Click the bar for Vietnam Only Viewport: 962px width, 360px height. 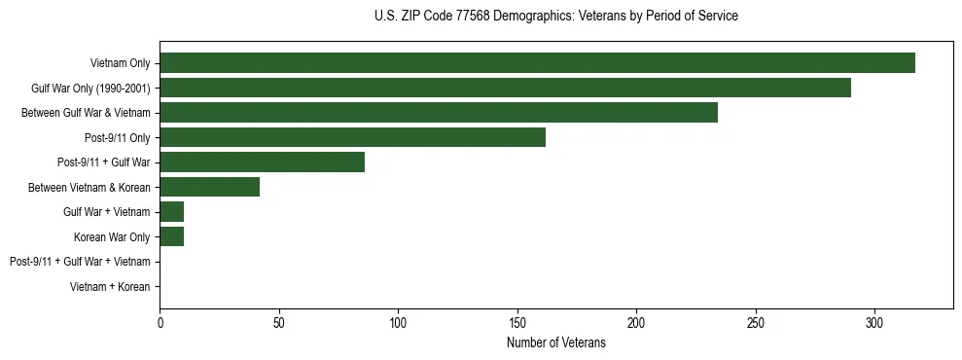pyautogui.click(x=537, y=63)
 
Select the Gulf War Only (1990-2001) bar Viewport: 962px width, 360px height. pyautogui.click(x=505, y=88)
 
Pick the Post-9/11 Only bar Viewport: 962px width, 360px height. pyautogui.click(x=352, y=137)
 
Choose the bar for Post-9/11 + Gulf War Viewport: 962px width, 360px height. pyautogui.click(x=263, y=162)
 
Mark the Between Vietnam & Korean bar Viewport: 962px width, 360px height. pyautogui.click(x=209, y=187)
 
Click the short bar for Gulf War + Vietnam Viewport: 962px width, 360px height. pyautogui.click(x=172, y=212)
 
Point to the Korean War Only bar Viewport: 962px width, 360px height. pyautogui.click(x=172, y=236)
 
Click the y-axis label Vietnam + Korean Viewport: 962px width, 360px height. pyautogui.click(x=110, y=287)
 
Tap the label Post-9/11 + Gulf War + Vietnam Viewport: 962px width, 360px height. pyautogui.click(x=80, y=262)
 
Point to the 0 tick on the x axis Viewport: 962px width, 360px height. pyautogui.click(x=160, y=322)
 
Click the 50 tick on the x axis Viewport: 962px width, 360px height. pyautogui.click(x=279, y=322)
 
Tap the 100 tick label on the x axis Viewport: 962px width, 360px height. pyautogui.click(x=398, y=322)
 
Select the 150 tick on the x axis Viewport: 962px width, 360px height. pyautogui.click(x=517, y=322)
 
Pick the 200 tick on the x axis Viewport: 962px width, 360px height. pyautogui.click(x=636, y=322)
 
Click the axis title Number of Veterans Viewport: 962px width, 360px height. pyautogui.click(x=555, y=342)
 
